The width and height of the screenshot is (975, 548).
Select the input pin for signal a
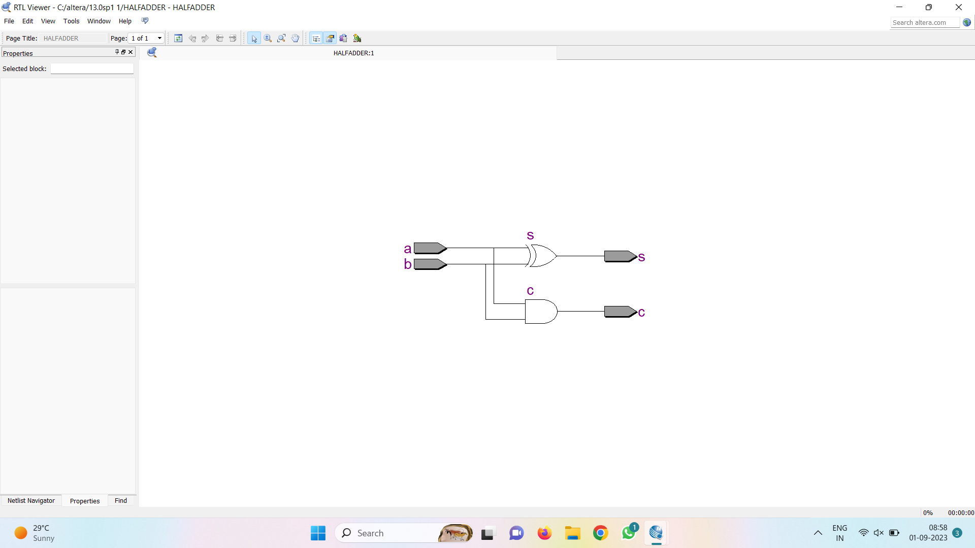point(430,248)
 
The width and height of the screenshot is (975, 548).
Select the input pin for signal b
point(430,264)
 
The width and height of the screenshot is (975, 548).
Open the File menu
point(9,21)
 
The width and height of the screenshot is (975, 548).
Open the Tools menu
point(71,21)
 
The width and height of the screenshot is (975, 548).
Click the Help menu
point(125,21)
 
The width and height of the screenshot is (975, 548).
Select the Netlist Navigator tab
point(31,501)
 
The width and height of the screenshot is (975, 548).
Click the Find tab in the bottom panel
point(121,501)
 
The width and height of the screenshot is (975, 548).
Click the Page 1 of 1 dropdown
point(146,39)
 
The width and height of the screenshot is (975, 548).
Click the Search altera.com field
point(924,23)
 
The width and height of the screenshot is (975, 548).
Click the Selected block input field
point(92,69)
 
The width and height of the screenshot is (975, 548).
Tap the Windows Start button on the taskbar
point(318,533)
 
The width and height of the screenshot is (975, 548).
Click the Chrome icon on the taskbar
point(600,533)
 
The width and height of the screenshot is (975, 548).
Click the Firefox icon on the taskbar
point(544,533)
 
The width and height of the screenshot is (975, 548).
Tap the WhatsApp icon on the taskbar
point(629,533)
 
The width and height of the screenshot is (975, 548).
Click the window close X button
point(959,7)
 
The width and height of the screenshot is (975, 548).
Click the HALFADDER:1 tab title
point(353,53)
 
